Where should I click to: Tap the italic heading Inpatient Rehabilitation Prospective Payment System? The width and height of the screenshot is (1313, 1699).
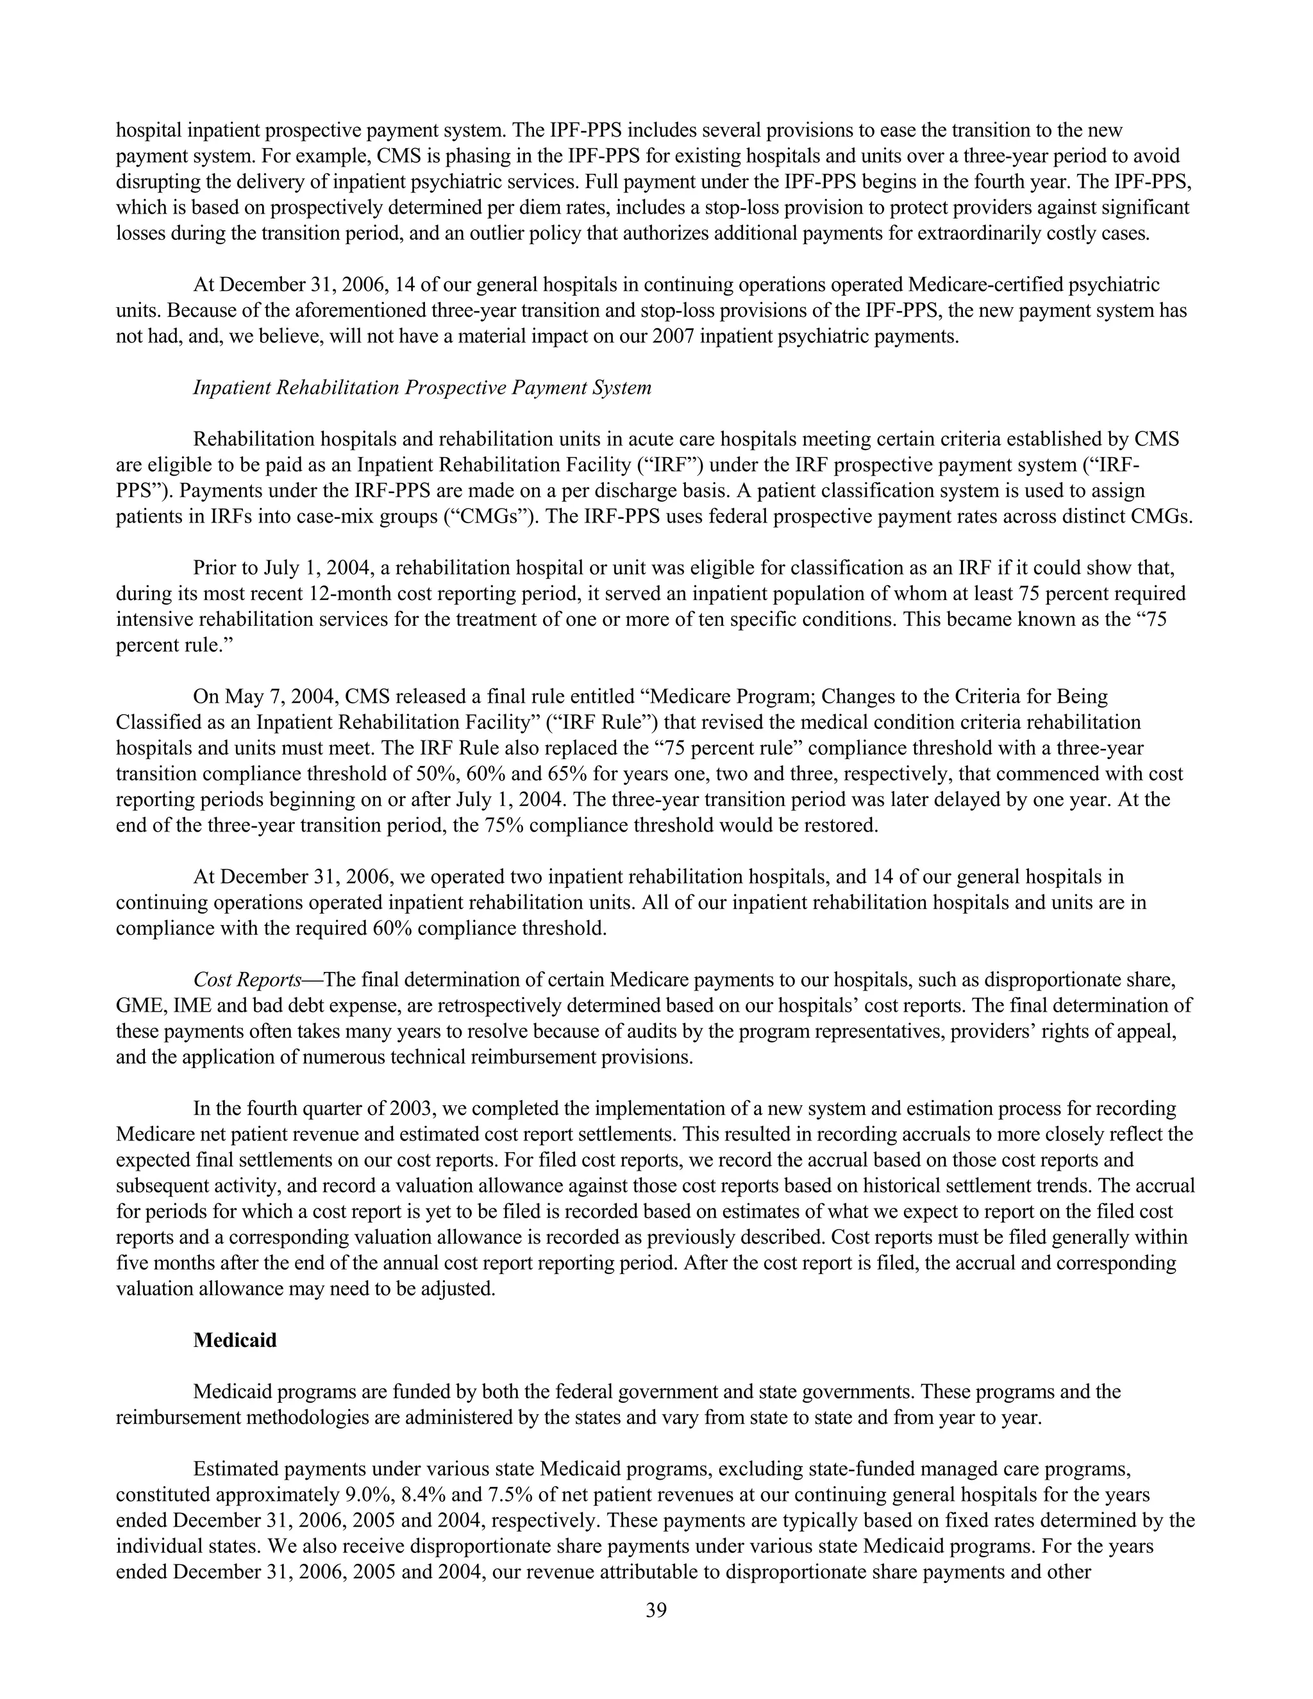tap(422, 387)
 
